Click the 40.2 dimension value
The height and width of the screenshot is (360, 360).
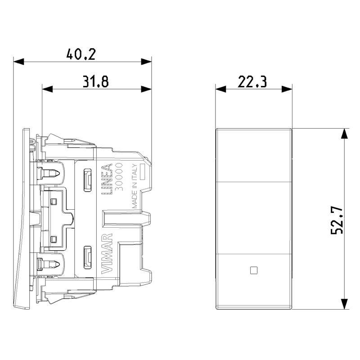coord(81,54)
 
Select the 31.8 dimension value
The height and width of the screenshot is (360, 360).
coord(95,81)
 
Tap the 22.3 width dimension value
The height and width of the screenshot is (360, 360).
coord(252,81)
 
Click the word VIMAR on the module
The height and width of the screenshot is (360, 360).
coord(107,253)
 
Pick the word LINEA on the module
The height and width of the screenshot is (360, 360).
coord(107,179)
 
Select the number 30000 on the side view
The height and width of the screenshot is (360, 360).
coord(119,177)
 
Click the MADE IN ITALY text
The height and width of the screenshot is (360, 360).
coord(135,186)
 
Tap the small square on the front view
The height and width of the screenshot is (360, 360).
coord(253,270)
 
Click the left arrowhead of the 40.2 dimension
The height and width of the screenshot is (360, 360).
coord(18,62)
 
